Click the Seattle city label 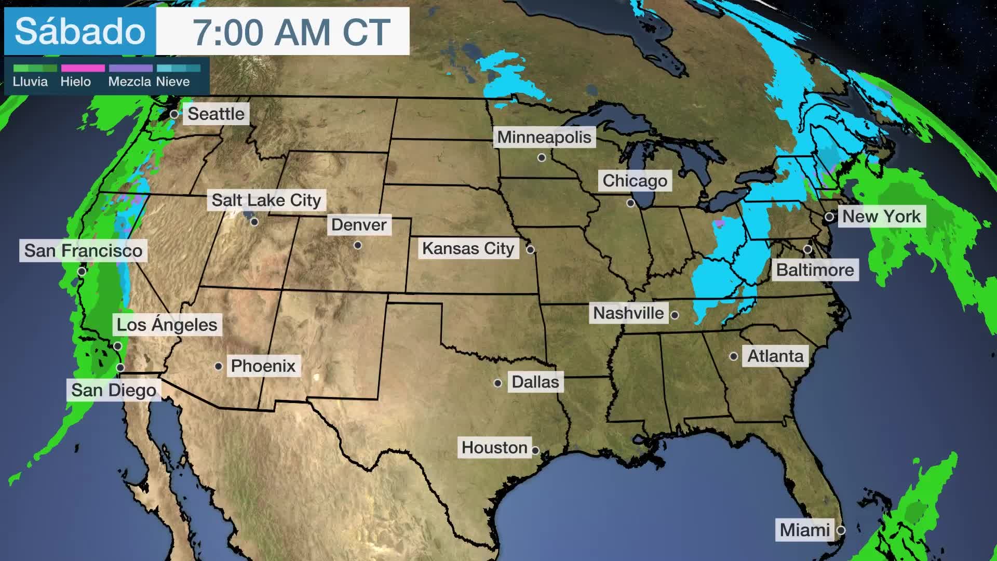pos(216,114)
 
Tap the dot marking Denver pos(358,245)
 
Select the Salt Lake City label pos(266,200)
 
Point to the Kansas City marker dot pos(530,249)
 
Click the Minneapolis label pos(544,137)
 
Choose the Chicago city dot pos(631,203)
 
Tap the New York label pos(881,216)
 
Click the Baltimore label pos(815,270)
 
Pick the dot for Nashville pos(675,315)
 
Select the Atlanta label pos(775,356)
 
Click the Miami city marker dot pos(841,530)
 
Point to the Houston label pos(494,448)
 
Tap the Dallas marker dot pos(498,383)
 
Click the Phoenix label pos(263,366)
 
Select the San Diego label pos(114,390)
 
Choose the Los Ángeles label pos(167,325)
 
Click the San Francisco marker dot pos(82,271)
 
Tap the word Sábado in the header pos(80,32)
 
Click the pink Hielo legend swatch pos(83,68)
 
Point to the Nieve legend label pos(173,82)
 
